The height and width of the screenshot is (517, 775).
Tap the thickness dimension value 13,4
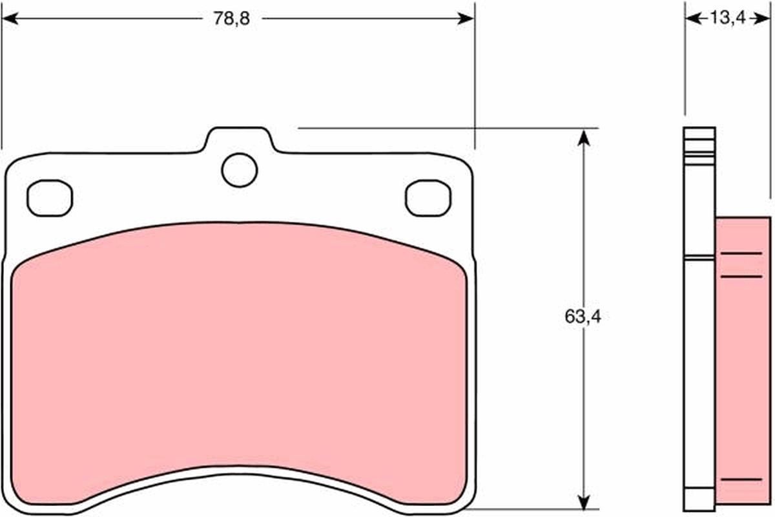pyautogui.click(x=727, y=18)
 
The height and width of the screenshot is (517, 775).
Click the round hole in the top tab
pyautogui.click(x=239, y=170)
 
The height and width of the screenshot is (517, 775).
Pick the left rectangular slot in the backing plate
pyautogui.click(x=50, y=197)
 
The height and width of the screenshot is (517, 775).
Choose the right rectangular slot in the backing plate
pyautogui.click(x=428, y=197)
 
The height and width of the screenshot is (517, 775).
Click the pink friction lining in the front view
pyautogui.click(x=239, y=362)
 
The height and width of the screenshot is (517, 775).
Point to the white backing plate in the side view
pyautogui.click(x=699, y=362)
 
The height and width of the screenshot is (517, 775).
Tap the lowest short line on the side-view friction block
pyautogui.click(x=741, y=480)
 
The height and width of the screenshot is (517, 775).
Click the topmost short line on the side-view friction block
pyautogui.click(x=741, y=253)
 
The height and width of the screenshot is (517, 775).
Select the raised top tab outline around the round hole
pyautogui.click(x=239, y=129)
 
